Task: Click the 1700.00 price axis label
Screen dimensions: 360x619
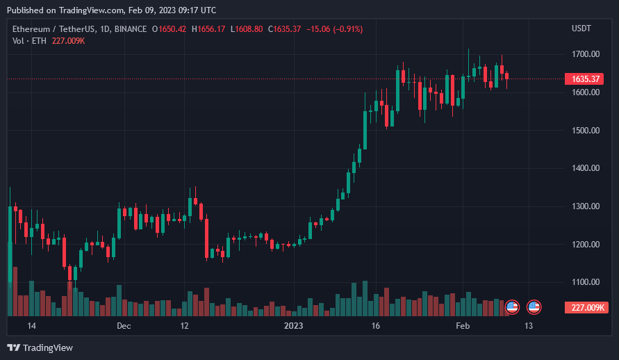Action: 585,54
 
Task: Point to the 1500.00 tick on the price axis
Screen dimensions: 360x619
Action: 585,131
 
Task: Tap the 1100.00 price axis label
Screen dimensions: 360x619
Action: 585,283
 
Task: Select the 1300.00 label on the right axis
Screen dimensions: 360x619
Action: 585,206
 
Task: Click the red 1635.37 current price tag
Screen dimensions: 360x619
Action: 586,79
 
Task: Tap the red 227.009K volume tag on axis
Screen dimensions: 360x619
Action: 586,308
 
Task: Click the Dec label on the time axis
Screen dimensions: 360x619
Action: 124,326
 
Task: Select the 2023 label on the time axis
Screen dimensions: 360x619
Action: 294,326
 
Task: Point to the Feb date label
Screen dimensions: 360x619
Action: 463,326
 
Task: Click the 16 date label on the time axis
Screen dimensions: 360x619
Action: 376,326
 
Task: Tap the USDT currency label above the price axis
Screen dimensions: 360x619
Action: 581,28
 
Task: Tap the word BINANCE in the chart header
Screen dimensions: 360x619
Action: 130,29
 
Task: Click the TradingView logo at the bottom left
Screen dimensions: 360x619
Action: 40,347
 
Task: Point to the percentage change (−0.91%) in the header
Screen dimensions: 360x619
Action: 348,29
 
